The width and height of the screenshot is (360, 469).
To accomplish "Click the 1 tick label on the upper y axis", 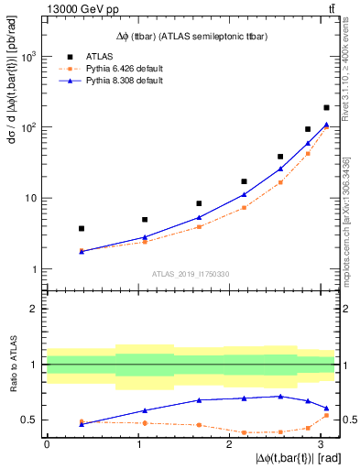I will pyautogui.click(x=33, y=269).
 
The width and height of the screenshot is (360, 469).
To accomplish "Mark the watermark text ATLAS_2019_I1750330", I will pyautogui.click(x=191, y=274).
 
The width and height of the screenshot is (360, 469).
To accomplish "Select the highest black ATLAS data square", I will pyautogui.click(x=326, y=107).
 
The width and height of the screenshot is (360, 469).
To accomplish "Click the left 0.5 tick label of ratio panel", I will pyautogui.click(x=32, y=420).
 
